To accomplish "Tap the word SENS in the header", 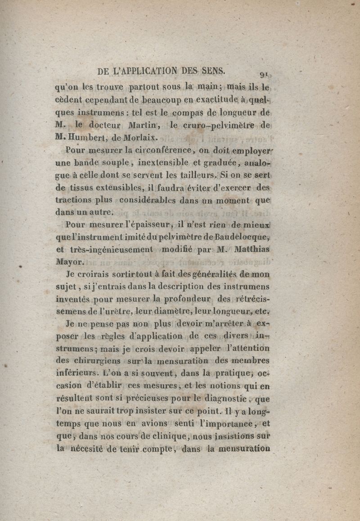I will click(x=214, y=71).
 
